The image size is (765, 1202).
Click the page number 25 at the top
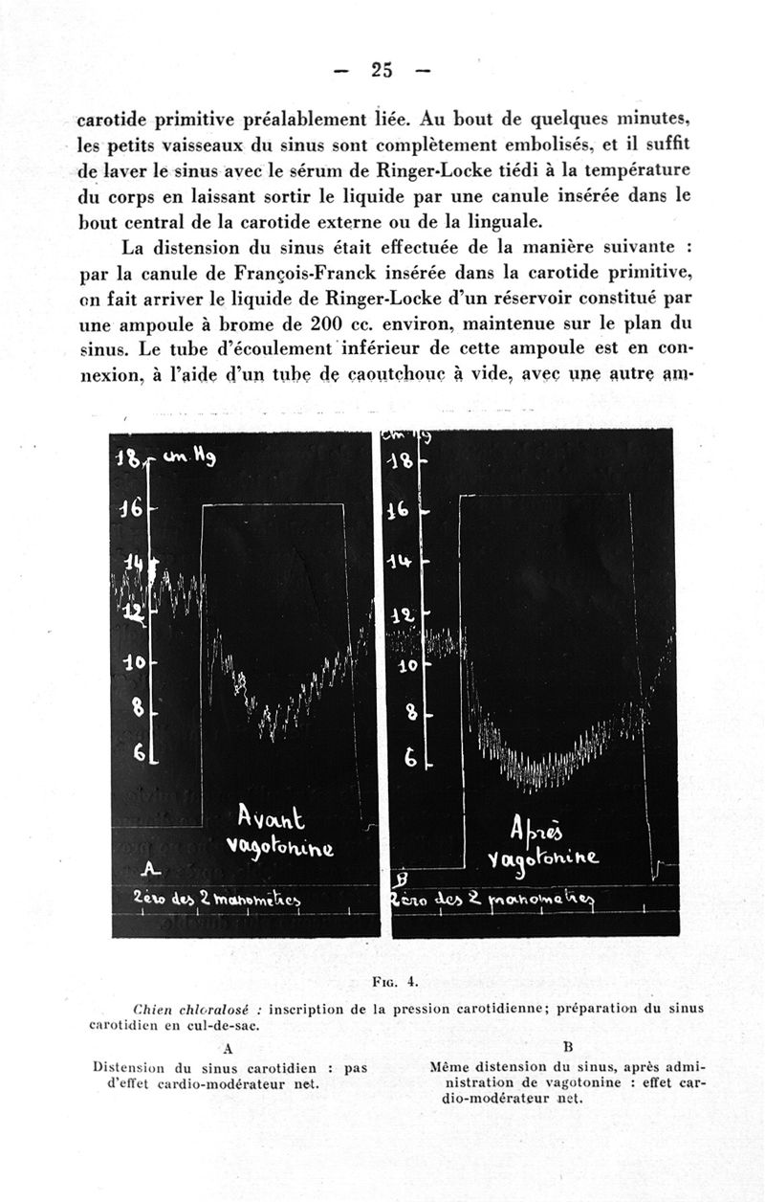coord(382,69)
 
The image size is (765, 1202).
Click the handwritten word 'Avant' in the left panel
coord(271,818)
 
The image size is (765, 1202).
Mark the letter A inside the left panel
coord(147,869)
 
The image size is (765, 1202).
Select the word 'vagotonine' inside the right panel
coord(542,858)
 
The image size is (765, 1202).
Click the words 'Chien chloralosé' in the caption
coord(198,1008)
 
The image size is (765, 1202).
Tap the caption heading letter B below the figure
coord(567,1048)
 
